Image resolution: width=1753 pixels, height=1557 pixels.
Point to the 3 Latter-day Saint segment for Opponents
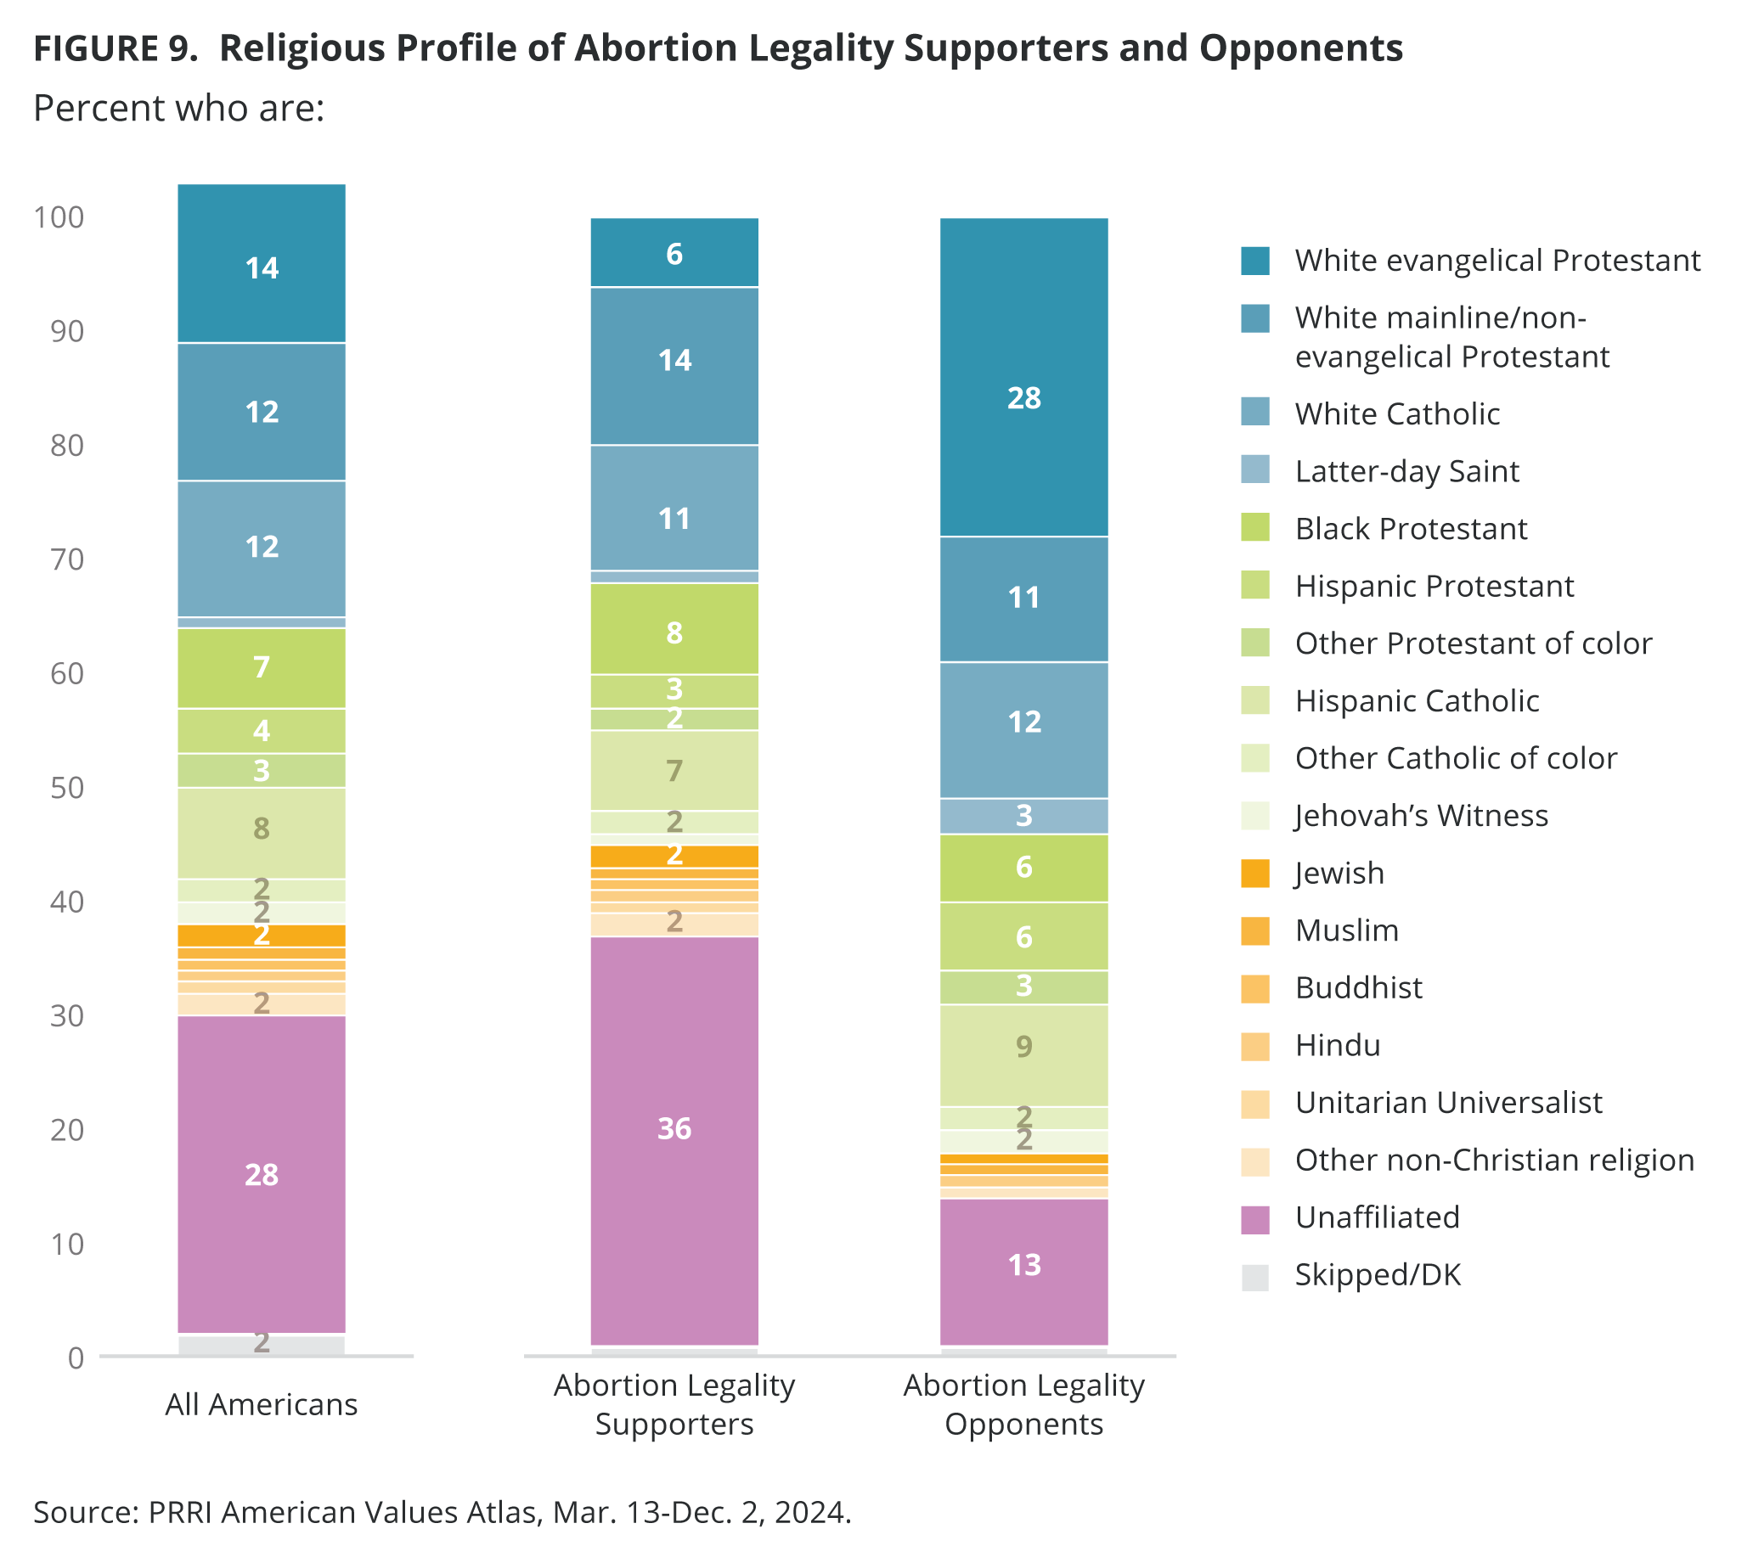point(1023,815)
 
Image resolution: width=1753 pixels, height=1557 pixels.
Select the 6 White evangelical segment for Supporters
point(674,253)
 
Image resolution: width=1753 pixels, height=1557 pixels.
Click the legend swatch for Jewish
point(1254,873)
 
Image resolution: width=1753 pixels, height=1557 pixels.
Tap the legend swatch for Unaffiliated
point(1254,1218)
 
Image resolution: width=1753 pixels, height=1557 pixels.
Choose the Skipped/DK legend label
point(1378,1275)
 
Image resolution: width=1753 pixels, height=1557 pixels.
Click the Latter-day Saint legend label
point(1406,471)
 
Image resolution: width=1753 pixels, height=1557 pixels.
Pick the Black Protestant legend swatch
point(1254,528)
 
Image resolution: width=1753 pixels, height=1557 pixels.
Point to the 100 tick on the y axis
point(59,218)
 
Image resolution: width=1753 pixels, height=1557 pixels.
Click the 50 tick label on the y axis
point(67,788)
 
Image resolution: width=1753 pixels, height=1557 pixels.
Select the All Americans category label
point(262,1405)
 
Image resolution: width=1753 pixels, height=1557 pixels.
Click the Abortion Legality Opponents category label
point(1023,1405)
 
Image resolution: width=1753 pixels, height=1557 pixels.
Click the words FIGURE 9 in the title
point(115,49)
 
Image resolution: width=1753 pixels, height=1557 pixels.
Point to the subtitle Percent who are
point(178,109)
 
